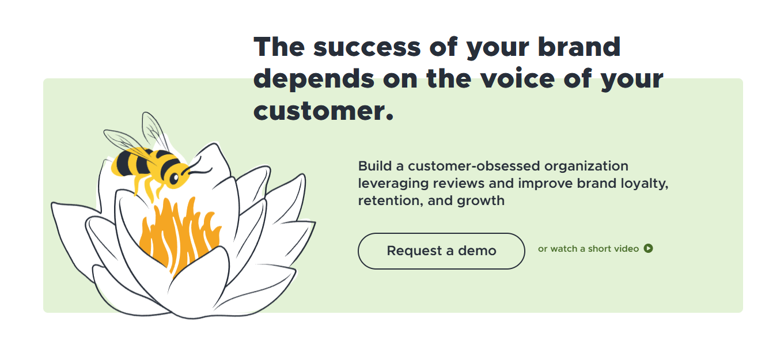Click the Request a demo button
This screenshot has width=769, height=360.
point(441,251)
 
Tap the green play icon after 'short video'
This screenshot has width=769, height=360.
point(648,248)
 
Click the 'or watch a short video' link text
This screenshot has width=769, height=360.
point(588,248)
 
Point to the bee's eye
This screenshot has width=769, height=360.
point(175,178)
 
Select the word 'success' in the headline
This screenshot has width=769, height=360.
point(367,47)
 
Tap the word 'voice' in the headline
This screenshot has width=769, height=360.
point(517,78)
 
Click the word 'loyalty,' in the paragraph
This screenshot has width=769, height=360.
point(645,184)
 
